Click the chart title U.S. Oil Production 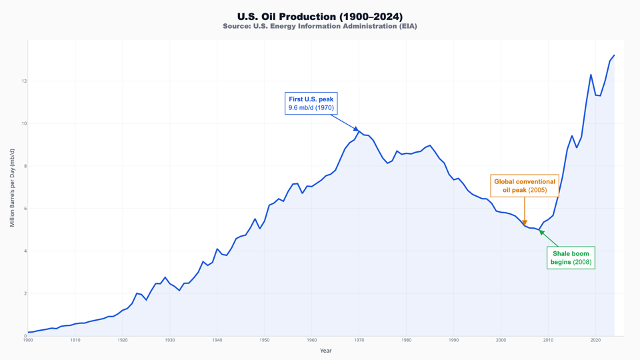320,16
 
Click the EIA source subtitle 320,27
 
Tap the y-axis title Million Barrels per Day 12,188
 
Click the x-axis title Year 325,351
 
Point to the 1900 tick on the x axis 28,341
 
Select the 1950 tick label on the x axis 265,341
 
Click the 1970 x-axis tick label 359,341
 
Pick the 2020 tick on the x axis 595,341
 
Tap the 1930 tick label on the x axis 170,341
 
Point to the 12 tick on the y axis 23,81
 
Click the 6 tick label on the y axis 24,209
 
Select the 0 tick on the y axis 24,336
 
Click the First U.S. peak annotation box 311,103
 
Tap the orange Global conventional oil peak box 525,185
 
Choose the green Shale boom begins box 570,257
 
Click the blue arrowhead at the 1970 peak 357,129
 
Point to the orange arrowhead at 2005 525,223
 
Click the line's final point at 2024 614,55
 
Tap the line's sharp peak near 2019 591,75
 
